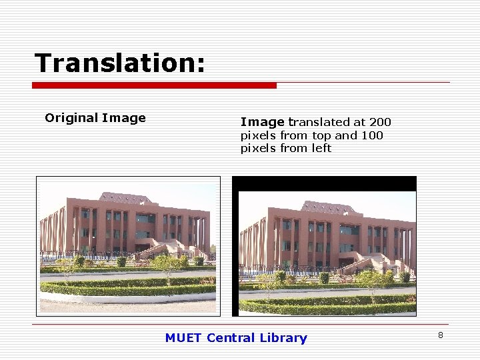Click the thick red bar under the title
click(x=154, y=85)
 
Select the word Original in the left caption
click(x=71, y=119)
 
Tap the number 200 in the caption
click(x=380, y=122)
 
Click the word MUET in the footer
click(x=183, y=338)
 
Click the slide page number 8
click(x=441, y=335)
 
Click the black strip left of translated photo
click(x=235, y=253)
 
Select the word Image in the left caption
click(x=124, y=119)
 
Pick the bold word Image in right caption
click(x=262, y=122)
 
